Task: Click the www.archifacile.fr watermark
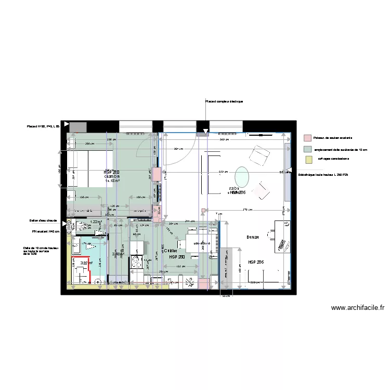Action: coord(358,307)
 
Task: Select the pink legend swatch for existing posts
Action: coord(307,138)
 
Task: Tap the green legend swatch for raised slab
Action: coord(307,149)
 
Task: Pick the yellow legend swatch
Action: coord(307,159)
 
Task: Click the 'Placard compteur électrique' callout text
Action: coord(224,101)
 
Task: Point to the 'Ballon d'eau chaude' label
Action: coord(45,221)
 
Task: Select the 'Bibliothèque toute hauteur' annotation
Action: coord(322,175)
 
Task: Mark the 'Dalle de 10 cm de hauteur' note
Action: coord(36,251)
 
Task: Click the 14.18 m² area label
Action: coord(113,181)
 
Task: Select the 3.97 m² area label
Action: coord(86,263)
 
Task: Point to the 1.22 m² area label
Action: coord(96,222)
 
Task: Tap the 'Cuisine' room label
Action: coord(172,251)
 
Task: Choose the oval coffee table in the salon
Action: coord(242,175)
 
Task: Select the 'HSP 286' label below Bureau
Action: coord(256,263)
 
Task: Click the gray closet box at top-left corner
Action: coord(77,126)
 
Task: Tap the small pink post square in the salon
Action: coord(203,211)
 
